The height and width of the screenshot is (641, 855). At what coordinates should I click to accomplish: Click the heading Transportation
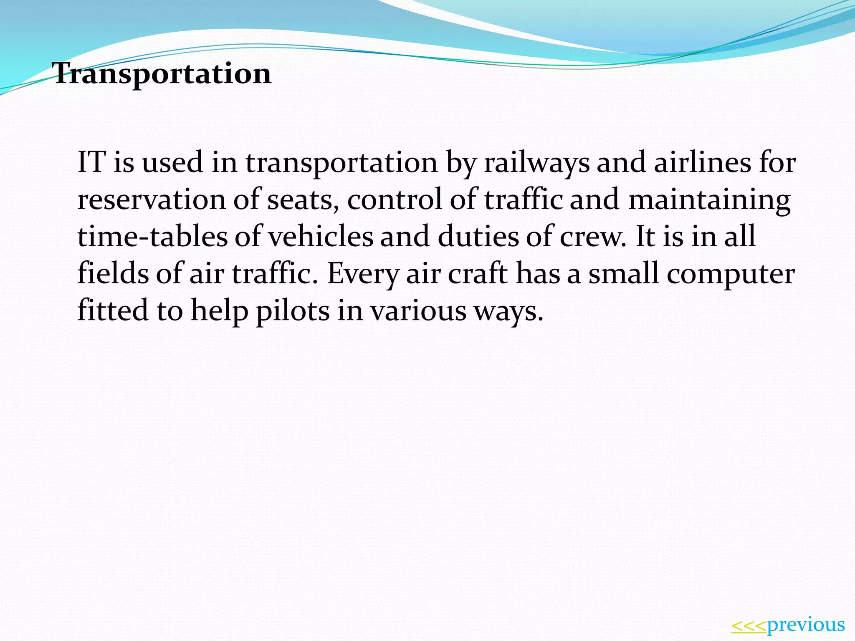[162, 74]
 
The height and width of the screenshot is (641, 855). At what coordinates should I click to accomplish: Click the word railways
[537, 163]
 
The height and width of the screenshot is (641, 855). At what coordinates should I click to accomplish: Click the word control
[395, 199]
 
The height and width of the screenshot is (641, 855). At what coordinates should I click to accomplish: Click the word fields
[113, 273]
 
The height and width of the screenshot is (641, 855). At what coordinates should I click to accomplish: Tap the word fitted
[113, 310]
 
